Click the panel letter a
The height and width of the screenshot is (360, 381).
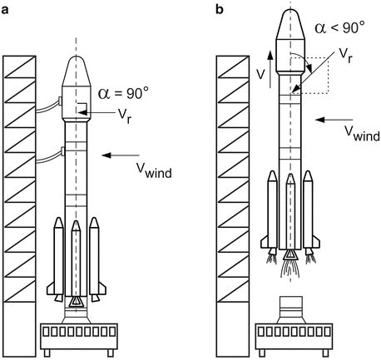(x=5, y=10)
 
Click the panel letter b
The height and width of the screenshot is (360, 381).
(x=220, y=9)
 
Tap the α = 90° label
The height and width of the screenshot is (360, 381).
(x=124, y=93)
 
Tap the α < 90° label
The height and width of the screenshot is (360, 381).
(x=339, y=27)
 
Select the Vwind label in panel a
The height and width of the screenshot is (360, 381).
(x=154, y=170)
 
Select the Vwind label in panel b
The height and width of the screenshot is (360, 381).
(x=363, y=134)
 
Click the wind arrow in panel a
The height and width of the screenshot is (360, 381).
(x=121, y=155)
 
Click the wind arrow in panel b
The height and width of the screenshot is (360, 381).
(x=334, y=120)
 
